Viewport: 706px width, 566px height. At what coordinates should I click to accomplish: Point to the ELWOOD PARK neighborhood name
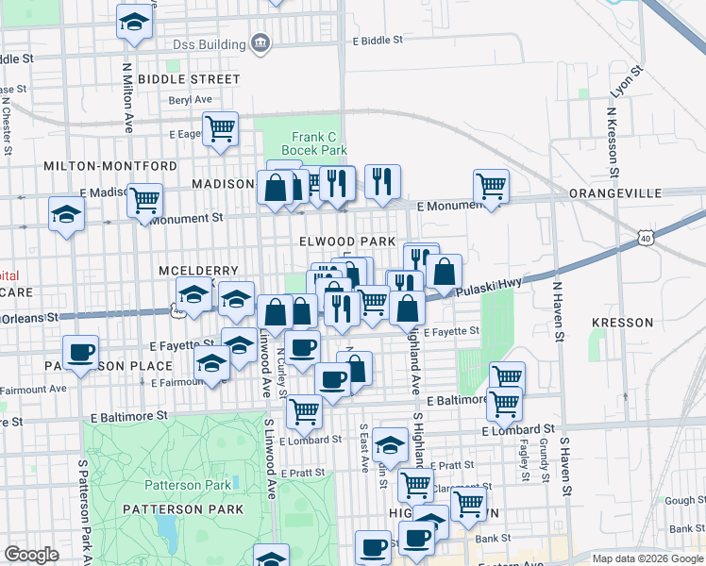pos(347,241)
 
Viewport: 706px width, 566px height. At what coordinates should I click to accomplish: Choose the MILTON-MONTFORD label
pos(110,166)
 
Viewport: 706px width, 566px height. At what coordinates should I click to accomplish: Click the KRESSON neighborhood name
pos(622,323)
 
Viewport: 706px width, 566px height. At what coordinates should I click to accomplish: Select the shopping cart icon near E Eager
pos(220,127)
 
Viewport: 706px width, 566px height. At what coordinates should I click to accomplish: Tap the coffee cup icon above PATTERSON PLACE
pos(81,352)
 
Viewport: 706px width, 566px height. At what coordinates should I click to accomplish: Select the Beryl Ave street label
pos(190,99)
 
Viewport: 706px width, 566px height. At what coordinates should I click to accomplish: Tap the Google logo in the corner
pos(32,555)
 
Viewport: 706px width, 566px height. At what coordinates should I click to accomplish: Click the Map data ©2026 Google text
pos(647,558)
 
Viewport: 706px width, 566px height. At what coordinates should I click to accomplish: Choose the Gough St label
pos(678,501)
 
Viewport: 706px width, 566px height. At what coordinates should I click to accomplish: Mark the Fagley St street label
pos(523,462)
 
